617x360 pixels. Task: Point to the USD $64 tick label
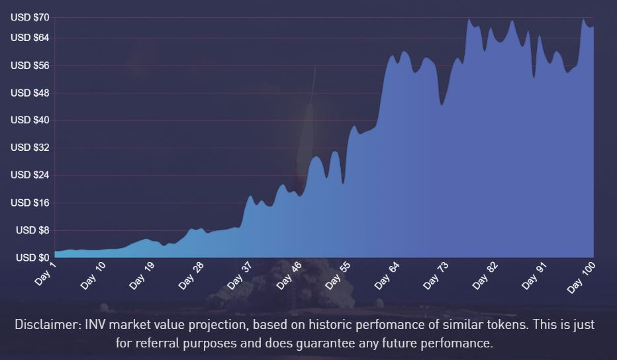tap(30, 38)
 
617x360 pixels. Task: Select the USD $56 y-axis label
tap(30, 66)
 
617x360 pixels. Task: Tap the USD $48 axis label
tap(30, 93)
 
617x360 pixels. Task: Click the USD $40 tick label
tap(30, 120)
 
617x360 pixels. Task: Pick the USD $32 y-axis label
tap(30, 148)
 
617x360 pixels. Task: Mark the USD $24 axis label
tap(30, 175)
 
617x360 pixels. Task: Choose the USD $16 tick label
tap(30, 202)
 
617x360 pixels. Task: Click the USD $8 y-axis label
tap(32, 230)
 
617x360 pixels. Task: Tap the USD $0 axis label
tap(32, 257)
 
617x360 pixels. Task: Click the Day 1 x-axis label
tap(46, 273)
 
